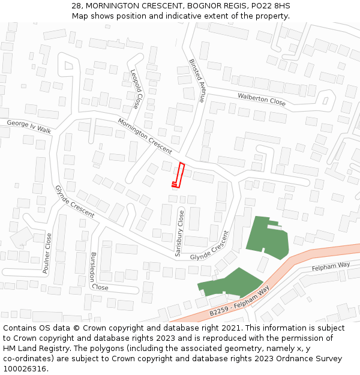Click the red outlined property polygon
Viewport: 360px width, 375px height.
point(179,175)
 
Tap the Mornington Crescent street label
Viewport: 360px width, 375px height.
point(145,136)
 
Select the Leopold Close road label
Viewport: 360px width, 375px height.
point(136,89)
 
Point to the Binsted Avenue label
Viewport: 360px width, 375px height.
point(197,80)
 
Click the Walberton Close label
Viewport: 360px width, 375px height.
point(262,99)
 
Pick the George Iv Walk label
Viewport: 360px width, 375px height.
point(29,126)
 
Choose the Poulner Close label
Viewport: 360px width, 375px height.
point(47,253)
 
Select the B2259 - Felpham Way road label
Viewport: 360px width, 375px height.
point(239,304)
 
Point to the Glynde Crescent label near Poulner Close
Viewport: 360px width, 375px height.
point(74,201)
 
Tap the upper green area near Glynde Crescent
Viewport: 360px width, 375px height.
point(266,238)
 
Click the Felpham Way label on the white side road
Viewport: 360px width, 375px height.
point(331,265)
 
